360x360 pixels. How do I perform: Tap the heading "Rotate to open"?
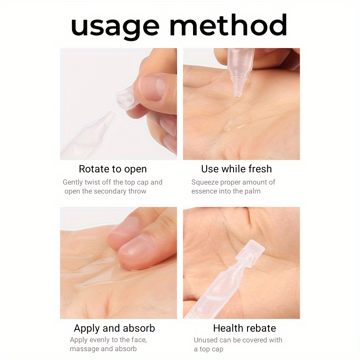coord(113,169)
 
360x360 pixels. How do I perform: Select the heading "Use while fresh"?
coord(237,169)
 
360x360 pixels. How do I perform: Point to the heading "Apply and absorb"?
coord(114,328)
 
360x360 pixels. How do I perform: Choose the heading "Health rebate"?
coord(244,328)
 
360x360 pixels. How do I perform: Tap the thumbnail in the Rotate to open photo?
coord(152,88)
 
